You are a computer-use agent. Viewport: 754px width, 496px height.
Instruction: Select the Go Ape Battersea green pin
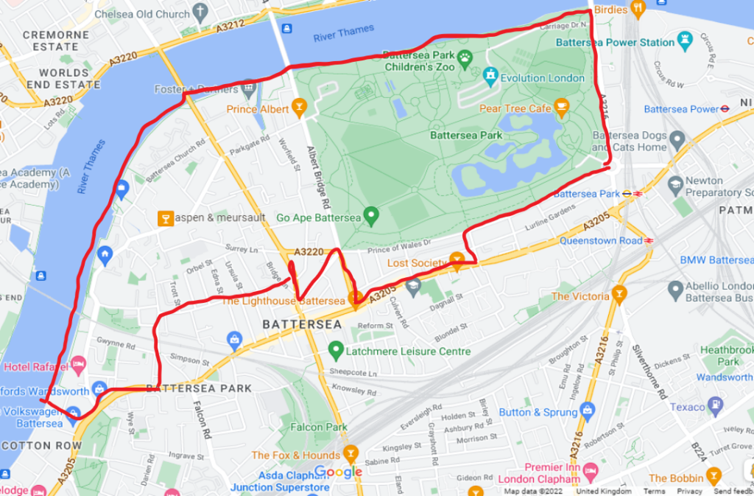(x=371, y=216)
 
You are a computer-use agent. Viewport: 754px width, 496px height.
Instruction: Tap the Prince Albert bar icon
(x=298, y=110)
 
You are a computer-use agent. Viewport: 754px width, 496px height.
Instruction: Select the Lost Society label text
(x=417, y=263)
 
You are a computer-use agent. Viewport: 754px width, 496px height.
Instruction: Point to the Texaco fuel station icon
(x=715, y=405)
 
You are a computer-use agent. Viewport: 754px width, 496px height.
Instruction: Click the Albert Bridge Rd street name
(x=322, y=177)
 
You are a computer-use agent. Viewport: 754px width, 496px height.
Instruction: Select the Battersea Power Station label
(x=615, y=42)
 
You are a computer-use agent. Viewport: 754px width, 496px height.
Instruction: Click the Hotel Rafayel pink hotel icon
(x=79, y=364)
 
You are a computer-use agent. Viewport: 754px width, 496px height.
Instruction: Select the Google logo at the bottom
(x=339, y=472)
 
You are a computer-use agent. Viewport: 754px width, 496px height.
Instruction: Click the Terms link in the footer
(x=653, y=491)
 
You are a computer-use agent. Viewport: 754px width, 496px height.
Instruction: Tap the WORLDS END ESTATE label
(x=59, y=79)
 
